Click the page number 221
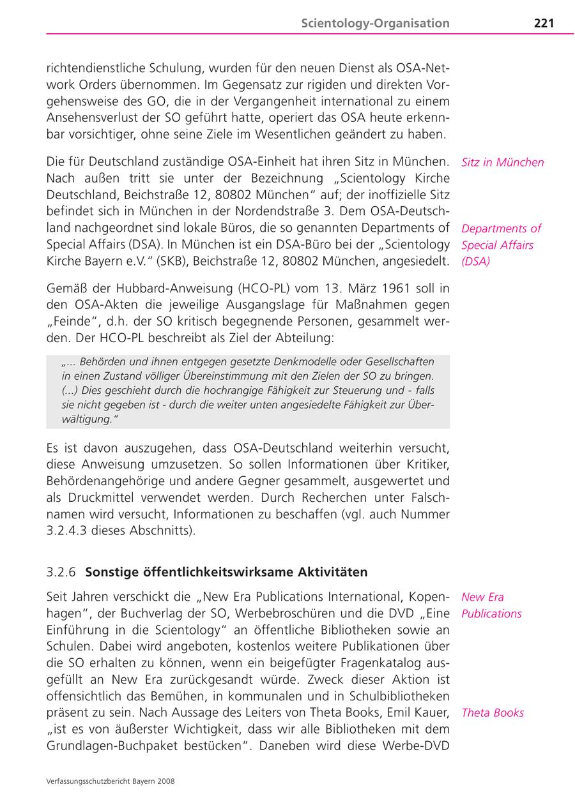click(544, 24)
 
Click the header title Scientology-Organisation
click(375, 24)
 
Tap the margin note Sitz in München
click(502, 162)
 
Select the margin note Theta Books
click(492, 713)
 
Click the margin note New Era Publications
click(491, 605)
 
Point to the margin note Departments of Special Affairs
click(501, 244)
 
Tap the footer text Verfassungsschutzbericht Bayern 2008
click(111, 781)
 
